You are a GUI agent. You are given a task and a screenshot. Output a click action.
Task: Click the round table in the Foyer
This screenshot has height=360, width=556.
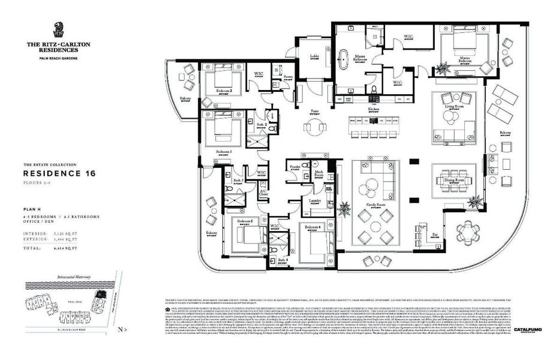[x=314, y=127]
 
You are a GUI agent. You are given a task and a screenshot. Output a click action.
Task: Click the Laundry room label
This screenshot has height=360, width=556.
[x=315, y=200]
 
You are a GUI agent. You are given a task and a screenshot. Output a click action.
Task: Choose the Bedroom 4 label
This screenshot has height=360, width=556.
[x=312, y=227]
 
